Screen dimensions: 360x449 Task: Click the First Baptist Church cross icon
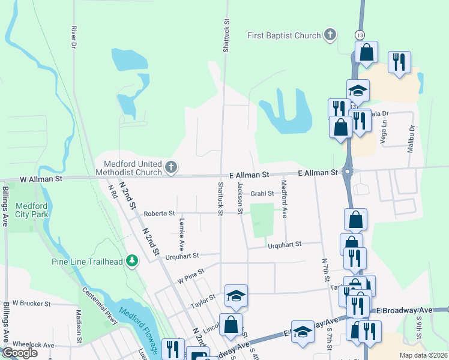coord(330,35)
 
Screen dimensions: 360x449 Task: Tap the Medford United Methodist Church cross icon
coord(171,167)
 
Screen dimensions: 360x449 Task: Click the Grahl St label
coord(262,193)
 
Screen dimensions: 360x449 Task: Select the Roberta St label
coord(159,213)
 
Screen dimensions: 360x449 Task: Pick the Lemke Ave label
coord(181,233)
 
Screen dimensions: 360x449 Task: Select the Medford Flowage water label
coord(139,329)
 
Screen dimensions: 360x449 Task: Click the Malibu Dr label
coord(412,139)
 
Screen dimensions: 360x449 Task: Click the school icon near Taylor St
coord(237,295)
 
